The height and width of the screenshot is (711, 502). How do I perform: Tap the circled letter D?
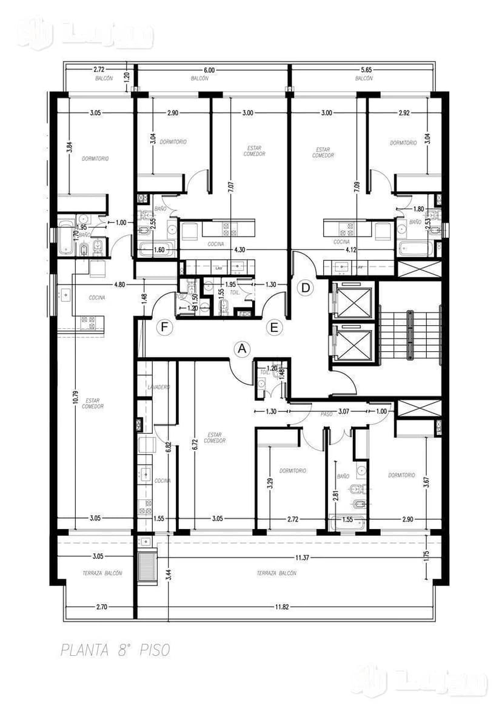click(x=306, y=288)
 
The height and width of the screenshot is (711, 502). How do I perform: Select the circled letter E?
click(x=274, y=328)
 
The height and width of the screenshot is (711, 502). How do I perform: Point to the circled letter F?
click(x=163, y=328)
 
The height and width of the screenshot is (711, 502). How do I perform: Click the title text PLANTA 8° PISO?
click(x=115, y=650)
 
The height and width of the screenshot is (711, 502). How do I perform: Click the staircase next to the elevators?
click(x=410, y=334)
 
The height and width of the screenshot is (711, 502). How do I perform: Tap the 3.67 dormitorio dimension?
click(x=426, y=483)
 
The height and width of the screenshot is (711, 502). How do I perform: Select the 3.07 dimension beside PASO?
click(x=343, y=411)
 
